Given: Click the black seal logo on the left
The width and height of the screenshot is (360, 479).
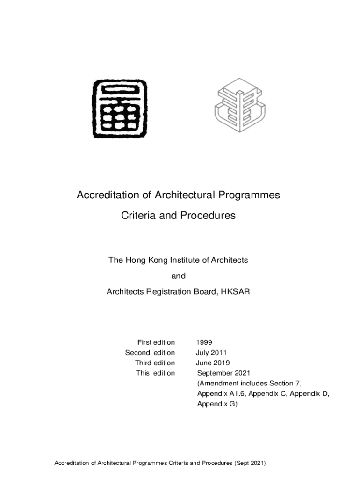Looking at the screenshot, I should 120,109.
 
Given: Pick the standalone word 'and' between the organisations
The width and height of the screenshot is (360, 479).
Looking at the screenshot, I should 178,276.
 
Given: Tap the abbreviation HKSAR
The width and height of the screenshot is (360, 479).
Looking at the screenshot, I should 235,292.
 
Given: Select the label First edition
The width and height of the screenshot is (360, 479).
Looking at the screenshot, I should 156,342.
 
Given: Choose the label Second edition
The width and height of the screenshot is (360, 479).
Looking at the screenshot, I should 150,353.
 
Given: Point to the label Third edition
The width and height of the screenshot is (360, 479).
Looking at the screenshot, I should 155,363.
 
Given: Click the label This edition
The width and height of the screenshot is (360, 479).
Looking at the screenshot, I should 155,373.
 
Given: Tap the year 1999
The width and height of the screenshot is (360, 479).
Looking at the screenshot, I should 204,342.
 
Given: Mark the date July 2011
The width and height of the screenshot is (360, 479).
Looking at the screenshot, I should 211,353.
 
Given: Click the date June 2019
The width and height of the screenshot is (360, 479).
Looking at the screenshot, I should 213,363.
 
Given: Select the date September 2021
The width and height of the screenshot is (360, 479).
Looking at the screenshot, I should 224,373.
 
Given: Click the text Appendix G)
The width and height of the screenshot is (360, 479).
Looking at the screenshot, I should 217,404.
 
